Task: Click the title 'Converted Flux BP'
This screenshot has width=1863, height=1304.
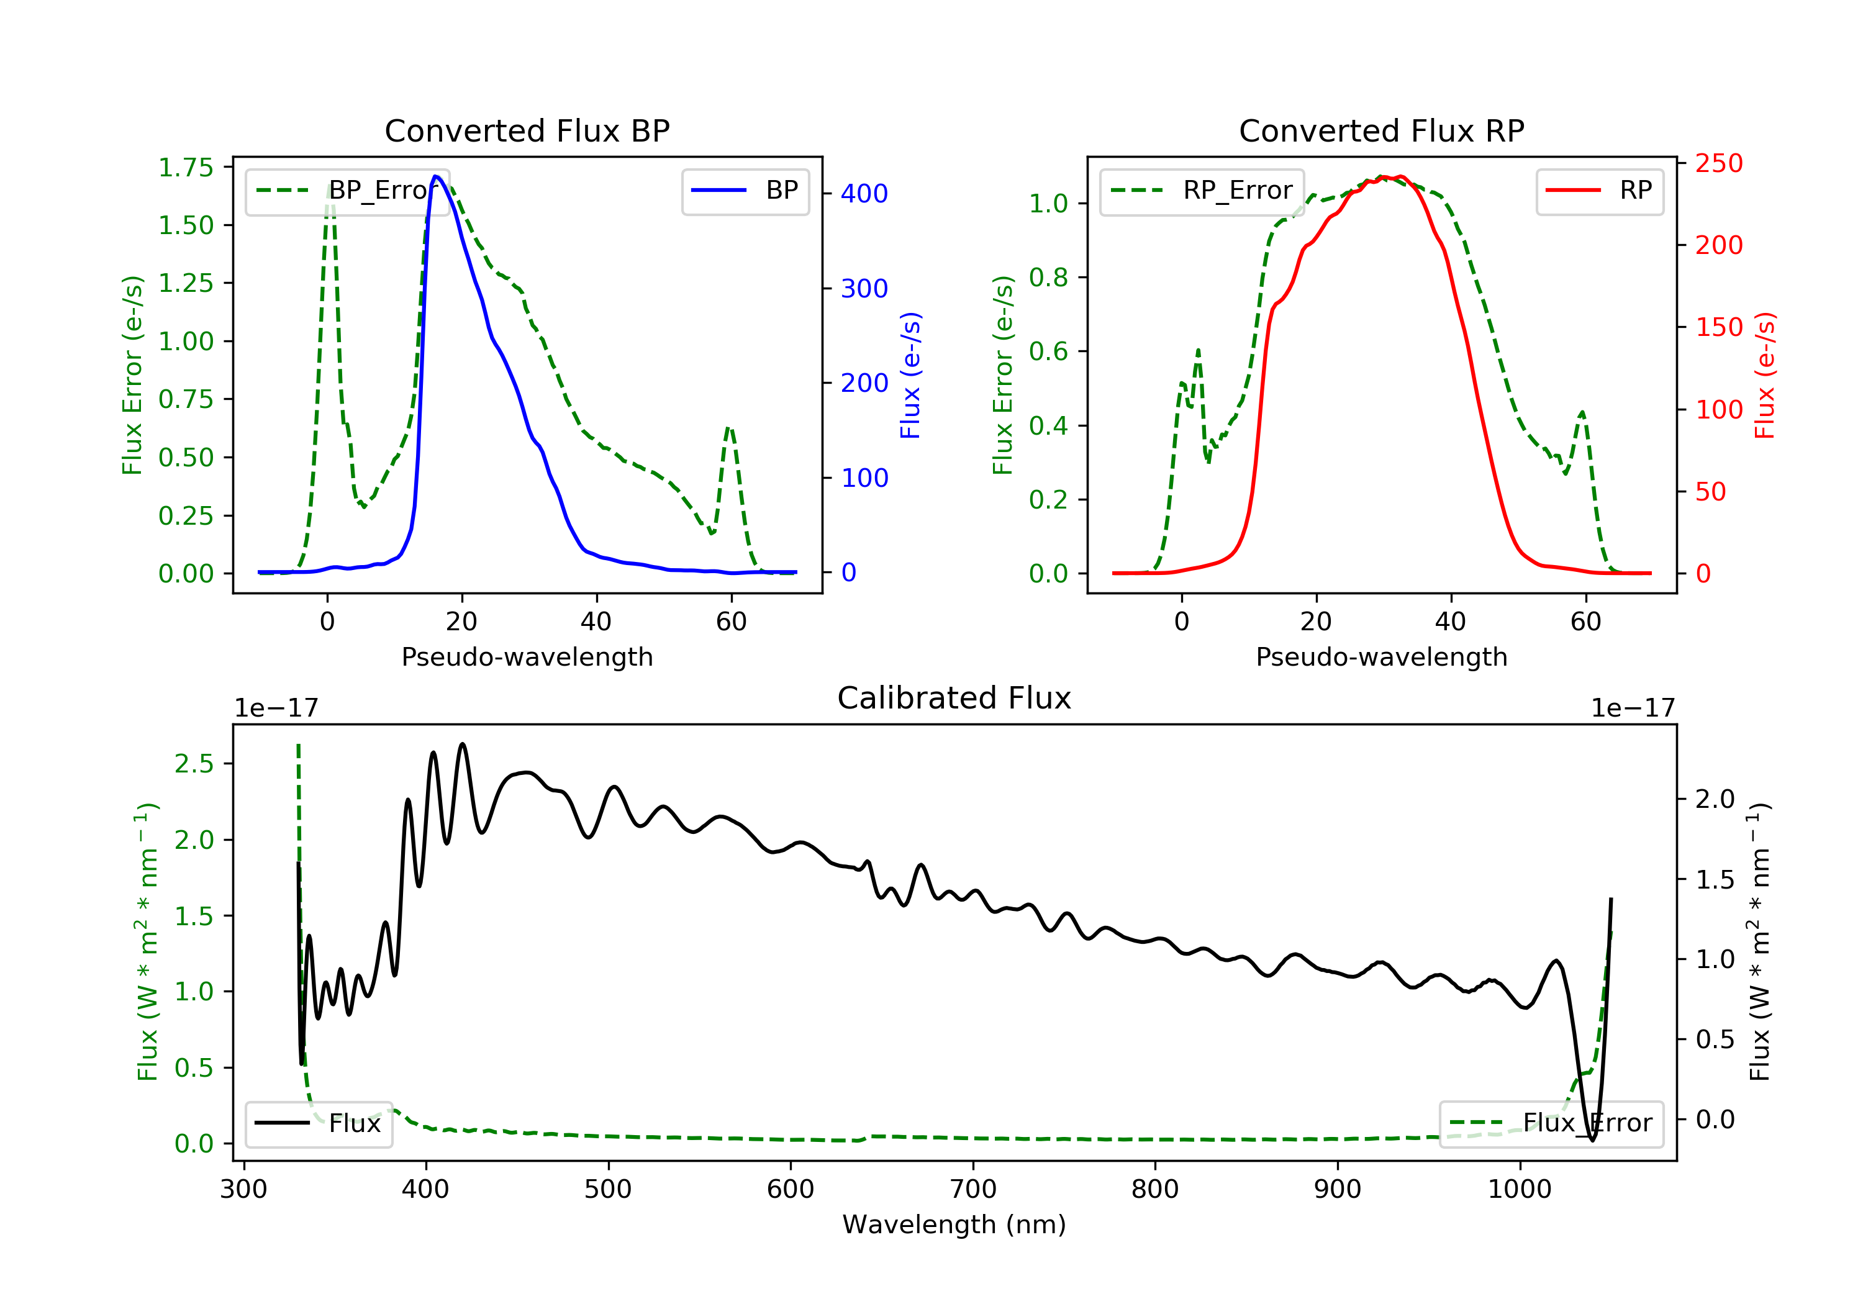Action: coord(527,130)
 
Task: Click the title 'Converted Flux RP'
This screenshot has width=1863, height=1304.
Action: coord(1382,130)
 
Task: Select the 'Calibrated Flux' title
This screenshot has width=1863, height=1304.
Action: coord(954,698)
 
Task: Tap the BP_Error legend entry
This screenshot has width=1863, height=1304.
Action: coord(347,191)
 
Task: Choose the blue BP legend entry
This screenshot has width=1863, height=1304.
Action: coord(745,191)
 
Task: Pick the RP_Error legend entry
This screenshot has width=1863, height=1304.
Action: coord(1201,191)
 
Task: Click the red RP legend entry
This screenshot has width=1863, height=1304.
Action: coord(1599,191)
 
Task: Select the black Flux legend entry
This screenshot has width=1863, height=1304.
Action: coord(318,1123)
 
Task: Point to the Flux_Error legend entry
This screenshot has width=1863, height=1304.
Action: coord(1551,1123)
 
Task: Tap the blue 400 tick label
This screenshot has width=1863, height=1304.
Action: coord(864,193)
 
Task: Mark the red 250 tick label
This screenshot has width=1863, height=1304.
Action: coord(1718,163)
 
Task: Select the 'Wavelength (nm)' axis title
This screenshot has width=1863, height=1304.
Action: coord(954,1225)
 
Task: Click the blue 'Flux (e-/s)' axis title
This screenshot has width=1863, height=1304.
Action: coord(910,375)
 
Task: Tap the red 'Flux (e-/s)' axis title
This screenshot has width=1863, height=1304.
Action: coord(1765,375)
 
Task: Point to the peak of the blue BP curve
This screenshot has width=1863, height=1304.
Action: coord(436,176)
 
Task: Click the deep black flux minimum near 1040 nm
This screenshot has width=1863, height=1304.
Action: coord(1592,1140)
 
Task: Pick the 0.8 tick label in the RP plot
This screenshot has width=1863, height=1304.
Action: coord(1048,278)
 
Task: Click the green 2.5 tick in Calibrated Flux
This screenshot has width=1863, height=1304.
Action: coord(194,764)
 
